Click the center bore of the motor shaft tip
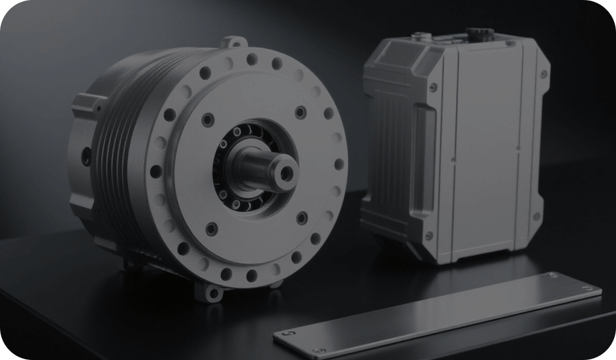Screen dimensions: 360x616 pos(285,172)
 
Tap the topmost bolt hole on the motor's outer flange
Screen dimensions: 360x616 pos(251,61)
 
